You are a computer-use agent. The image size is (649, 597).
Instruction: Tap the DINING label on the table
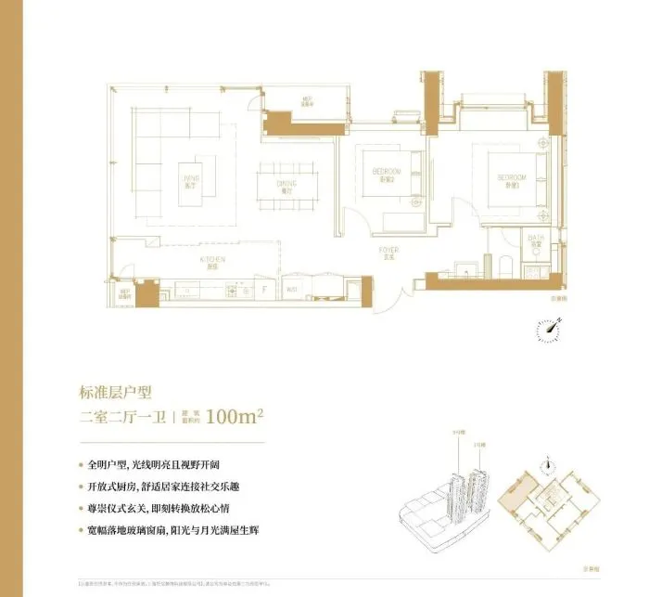pyautogui.click(x=286, y=187)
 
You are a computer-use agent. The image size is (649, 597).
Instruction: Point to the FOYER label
pyautogui.click(x=388, y=252)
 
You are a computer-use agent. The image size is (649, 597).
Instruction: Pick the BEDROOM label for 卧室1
pyautogui.click(x=512, y=178)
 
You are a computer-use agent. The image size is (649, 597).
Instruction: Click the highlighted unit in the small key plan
pyautogui.click(x=512, y=492)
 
